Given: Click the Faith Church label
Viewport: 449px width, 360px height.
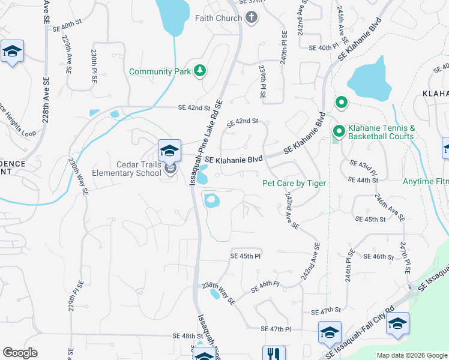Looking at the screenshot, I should (x=218, y=17).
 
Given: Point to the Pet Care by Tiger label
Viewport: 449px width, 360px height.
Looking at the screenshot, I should (x=294, y=183).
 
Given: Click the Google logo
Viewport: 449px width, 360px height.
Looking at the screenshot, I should (x=20, y=353).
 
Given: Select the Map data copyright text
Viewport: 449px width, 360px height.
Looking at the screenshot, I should (x=412, y=355).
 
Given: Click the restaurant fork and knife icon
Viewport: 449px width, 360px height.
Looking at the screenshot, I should (x=272, y=355).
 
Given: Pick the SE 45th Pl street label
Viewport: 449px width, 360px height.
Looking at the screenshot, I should (x=246, y=256).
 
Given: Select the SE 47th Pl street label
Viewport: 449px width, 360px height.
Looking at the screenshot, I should (x=276, y=329).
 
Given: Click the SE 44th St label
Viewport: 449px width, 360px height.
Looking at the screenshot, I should (x=363, y=179).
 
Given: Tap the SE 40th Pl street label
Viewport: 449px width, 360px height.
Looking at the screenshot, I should (x=324, y=47).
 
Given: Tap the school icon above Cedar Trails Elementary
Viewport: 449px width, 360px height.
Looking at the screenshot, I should (x=169, y=150).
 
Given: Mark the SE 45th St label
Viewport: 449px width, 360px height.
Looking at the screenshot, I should (x=370, y=219).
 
